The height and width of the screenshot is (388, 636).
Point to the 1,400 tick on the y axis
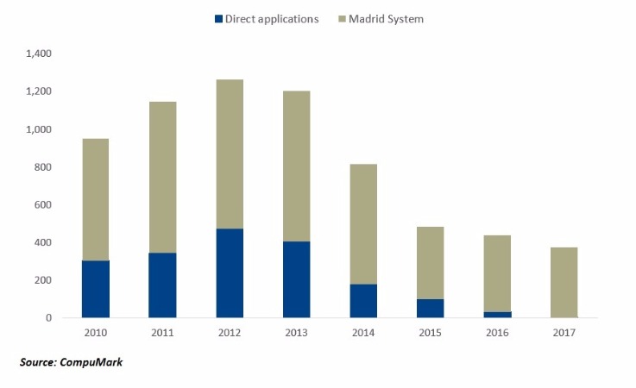click(40, 53)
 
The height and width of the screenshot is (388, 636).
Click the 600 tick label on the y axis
click(43, 205)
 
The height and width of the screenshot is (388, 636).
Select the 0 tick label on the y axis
click(50, 318)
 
